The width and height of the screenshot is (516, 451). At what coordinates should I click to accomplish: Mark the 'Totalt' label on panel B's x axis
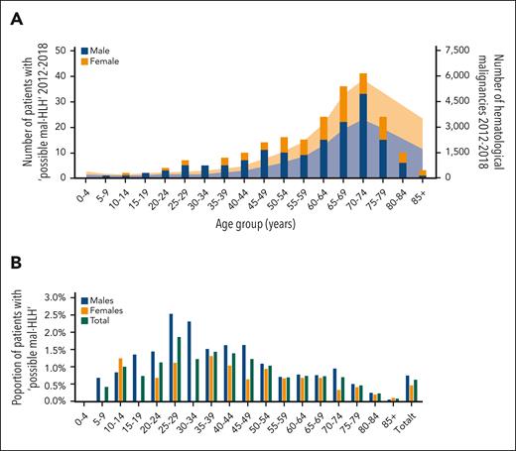pyautogui.click(x=415, y=421)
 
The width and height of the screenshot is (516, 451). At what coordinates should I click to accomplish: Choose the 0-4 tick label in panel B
pyautogui.click(x=82, y=417)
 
